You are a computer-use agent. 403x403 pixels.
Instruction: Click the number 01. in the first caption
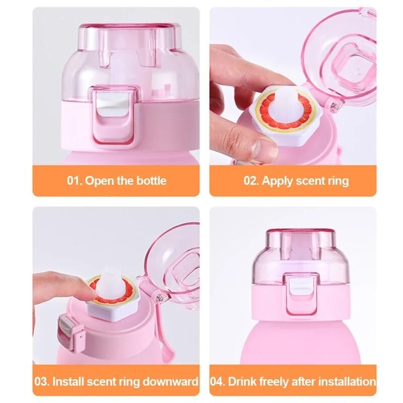[x=75, y=180]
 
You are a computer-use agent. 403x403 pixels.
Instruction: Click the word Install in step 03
[x=68, y=381]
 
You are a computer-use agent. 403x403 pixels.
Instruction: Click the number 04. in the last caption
[x=218, y=381]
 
